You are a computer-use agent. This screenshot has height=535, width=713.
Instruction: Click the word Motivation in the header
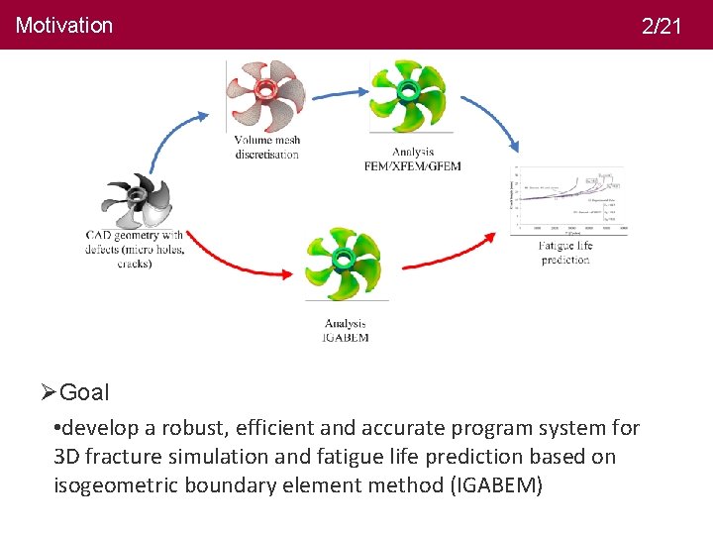(x=64, y=26)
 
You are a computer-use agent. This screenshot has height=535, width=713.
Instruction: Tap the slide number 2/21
(x=662, y=27)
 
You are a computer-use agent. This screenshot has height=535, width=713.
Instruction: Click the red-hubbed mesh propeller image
(x=265, y=94)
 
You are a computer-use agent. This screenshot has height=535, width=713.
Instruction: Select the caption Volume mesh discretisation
(x=267, y=147)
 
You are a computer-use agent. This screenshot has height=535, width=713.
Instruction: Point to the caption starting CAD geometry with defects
(x=135, y=250)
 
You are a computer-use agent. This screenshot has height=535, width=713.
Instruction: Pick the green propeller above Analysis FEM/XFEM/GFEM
(x=409, y=95)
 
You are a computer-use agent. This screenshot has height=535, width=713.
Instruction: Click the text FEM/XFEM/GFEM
(x=413, y=165)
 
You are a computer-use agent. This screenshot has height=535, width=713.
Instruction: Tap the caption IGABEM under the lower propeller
(x=346, y=338)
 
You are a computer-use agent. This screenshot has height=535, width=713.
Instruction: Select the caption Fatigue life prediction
(x=565, y=253)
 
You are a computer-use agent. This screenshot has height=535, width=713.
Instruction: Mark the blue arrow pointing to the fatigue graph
(x=490, y=114)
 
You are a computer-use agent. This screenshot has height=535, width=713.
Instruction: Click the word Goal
(x=84, y=392)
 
